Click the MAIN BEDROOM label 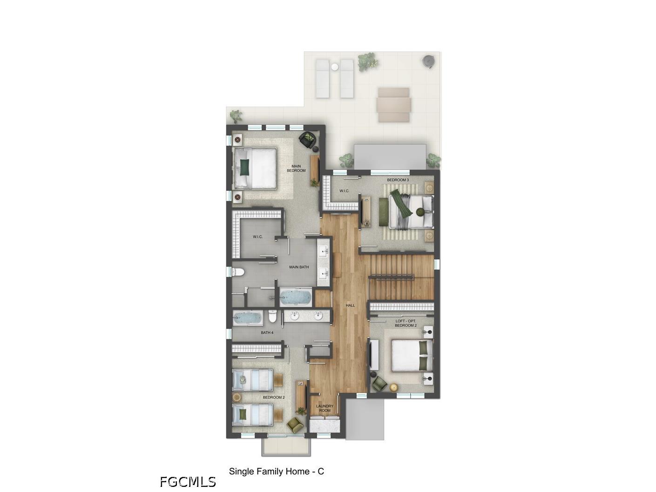[296, 168]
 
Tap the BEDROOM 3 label [398, 180]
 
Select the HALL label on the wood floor [350, 305]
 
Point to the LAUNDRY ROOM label [325, 408]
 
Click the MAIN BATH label [299, 267]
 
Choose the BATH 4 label [267, 332]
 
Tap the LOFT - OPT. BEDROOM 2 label [406, 323]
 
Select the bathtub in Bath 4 [248, 318]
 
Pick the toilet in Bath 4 [272, 317]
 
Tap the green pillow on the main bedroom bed [245, 167]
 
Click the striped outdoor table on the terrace [393, 105]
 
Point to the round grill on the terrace [428, 62]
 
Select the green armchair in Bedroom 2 [295, 425]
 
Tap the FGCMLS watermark [188, 482]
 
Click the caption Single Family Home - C [276, 472]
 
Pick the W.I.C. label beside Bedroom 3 [344, 190]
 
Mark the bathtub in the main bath [295, 297]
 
